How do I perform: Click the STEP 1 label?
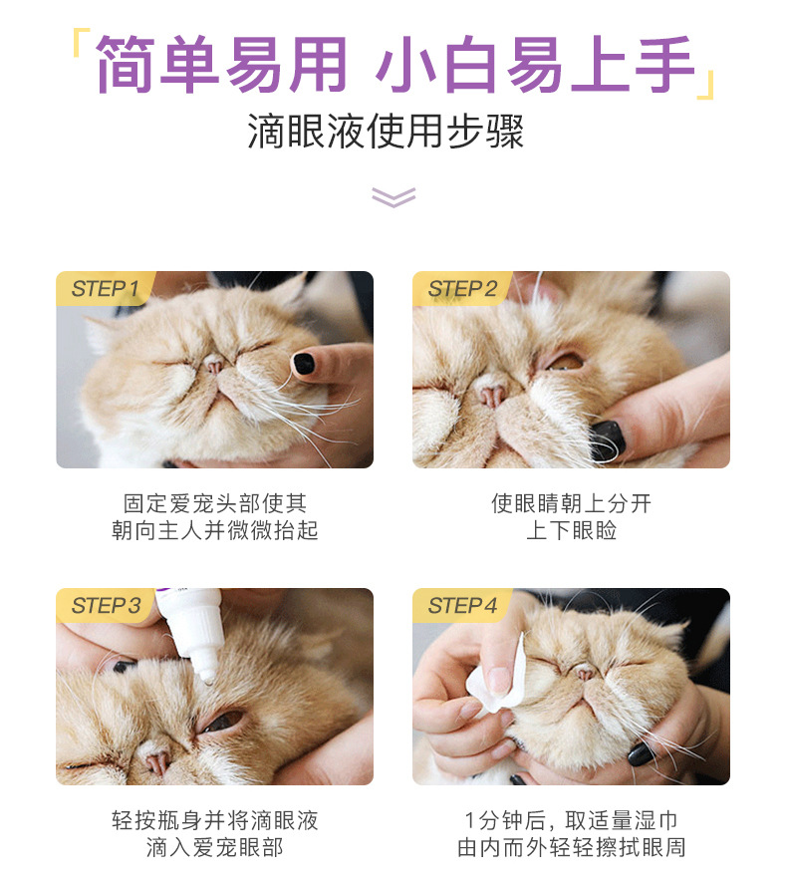pyautogui.click(x=105, y=289)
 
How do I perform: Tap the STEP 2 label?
pyautogui.click(x=462, y=289)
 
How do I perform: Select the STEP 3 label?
pyautogui.click(x=106, y=606)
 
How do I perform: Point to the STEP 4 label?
pyautogui.click(x=462, y=606)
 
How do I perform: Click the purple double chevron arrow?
pyautogui.click(x=393, y=197)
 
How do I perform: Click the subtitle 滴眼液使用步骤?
pyautogui.click(x=386, y=132)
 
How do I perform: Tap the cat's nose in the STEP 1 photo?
pyautogui.click(x=214, y=365)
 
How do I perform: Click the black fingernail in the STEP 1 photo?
pyautogui.click(x=304, y=364)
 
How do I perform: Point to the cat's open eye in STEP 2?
pyautogui.click(x=565, y=361)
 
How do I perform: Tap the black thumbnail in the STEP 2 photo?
pyautogui.click(x=608, y=440)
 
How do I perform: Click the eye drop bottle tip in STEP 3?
pyautogui.click(x=207, y=676)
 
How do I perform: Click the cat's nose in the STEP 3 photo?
pyautogui.click(x=156, y=761)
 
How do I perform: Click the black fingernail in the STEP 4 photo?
pyautogui.click(x=641, y=753)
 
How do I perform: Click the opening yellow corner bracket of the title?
pyautogui.click(x=82, y=43)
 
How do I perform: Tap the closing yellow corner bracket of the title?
pyautogui.click(x=706, y=85)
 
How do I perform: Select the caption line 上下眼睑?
pyautogui.click(x=571, y=530)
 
